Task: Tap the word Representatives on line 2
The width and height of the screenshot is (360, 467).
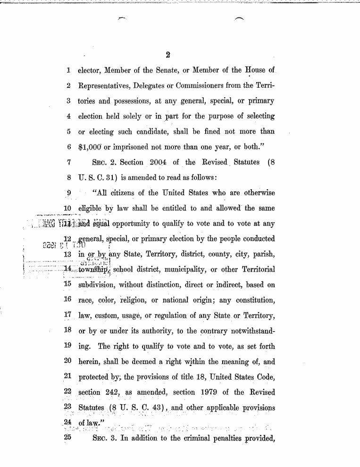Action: [104, 86]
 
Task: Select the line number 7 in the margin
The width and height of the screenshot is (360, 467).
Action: [68, 162]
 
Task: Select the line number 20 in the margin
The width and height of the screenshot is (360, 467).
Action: [67, 361]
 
